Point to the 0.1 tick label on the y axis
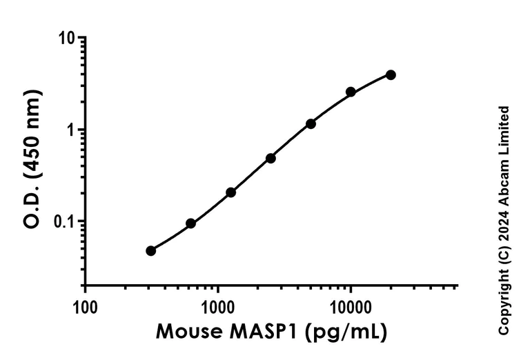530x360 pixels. coord(62,221)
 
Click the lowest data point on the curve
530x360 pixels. coord(150,250)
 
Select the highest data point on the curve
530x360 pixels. coord(391,74)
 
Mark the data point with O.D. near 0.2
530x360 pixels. coord(230,192)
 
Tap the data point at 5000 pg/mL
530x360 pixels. coord(311,123)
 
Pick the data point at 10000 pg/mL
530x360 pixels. coord(351,92)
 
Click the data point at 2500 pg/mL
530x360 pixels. coord(271,158)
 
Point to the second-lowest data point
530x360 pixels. coord(190,223)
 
